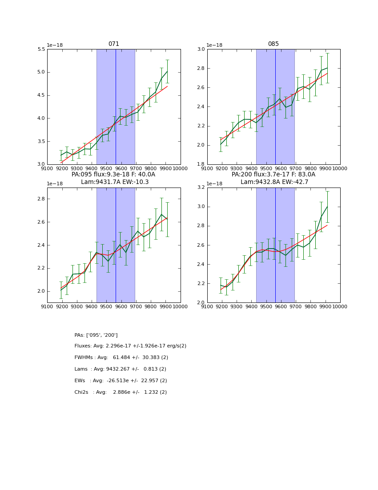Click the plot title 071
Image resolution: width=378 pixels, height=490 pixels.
point(113,44)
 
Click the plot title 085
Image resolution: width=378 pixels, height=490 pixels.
point(273,44)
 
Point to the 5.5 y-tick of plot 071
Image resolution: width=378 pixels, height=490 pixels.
point(41,49)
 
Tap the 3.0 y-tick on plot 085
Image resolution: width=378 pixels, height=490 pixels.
point(201,49)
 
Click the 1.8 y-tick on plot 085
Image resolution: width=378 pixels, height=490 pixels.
point(201,164)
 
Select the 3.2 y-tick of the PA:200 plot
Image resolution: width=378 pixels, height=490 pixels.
point(201,188)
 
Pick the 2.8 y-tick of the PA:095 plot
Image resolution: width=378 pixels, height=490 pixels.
point(41,199)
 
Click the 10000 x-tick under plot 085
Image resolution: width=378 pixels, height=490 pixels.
point(340,169)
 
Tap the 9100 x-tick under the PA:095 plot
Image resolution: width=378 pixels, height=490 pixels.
point(47,307)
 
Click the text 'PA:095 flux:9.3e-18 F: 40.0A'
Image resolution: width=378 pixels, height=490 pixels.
point(113,175)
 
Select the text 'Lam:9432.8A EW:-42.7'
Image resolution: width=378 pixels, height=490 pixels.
point(273,182)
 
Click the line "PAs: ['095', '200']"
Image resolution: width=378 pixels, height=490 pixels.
point(96,335)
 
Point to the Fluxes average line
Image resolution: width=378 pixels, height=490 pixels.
point(130,346)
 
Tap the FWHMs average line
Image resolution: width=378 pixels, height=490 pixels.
point(121,358)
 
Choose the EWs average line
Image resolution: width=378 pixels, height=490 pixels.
point(121,381)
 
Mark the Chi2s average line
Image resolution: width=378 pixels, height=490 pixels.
point(121,392)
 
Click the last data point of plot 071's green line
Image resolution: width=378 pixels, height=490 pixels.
point(167,71)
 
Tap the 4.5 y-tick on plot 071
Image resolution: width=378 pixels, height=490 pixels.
point(41,95)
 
